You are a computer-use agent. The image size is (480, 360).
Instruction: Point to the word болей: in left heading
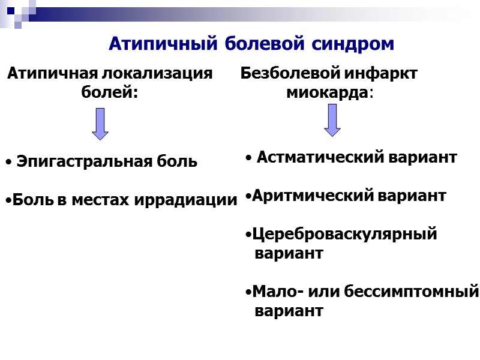click(x=109, y=92)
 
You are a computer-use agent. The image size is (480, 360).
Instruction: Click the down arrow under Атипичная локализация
click(x=100, y=124)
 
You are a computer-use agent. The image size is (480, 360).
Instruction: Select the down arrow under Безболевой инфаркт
click(x=332, y=120)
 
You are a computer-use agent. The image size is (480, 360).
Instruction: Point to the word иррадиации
click(x=196, y=200)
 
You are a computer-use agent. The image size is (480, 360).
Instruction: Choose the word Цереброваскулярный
click(x=344, y=234)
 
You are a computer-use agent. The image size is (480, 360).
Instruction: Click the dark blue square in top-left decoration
click(x=10, y=10)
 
